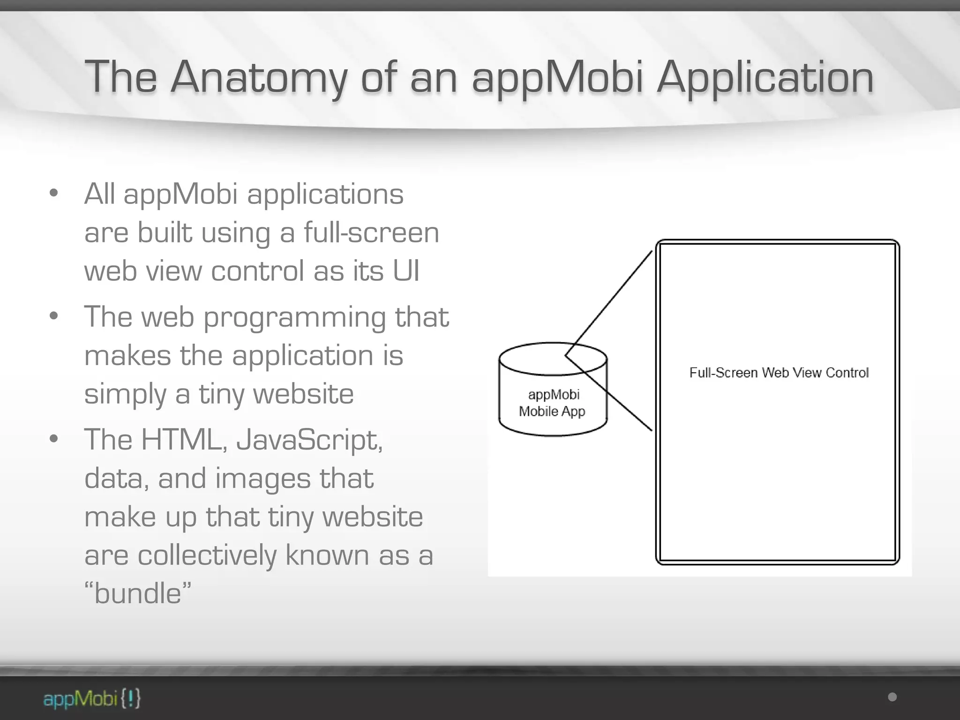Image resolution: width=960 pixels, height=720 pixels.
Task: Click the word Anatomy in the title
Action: click(x=258, y=77)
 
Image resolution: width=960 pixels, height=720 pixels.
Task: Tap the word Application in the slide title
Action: click(x=765, y=77)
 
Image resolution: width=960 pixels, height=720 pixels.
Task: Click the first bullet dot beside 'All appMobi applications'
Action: click(x=53, y=193)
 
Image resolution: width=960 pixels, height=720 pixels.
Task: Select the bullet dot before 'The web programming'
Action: click(x=53, y=316)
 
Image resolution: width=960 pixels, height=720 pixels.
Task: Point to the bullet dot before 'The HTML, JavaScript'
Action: click(x=53, y=439)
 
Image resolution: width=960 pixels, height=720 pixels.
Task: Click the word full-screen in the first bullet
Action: click(x=371, y=232)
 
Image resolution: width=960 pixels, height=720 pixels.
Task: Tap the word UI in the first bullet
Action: click(x=406, y=271)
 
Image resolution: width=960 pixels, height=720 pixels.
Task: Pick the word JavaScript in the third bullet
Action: click(x=309, y=441)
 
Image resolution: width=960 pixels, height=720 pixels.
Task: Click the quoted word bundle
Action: click(x=138, y=593)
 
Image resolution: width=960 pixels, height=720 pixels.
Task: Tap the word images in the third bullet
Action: click(x=262, y=479)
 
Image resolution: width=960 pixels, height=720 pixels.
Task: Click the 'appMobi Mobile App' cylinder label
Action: click(x=552, y=403)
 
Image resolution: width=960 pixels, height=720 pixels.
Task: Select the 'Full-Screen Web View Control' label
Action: click(x=779, y=373)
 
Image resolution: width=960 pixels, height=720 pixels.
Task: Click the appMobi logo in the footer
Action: click(x=92, y=699)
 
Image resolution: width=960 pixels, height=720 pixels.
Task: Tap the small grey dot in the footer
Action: click(x=892, y=697)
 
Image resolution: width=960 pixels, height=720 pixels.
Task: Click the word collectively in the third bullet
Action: click(x=207, y=555)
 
